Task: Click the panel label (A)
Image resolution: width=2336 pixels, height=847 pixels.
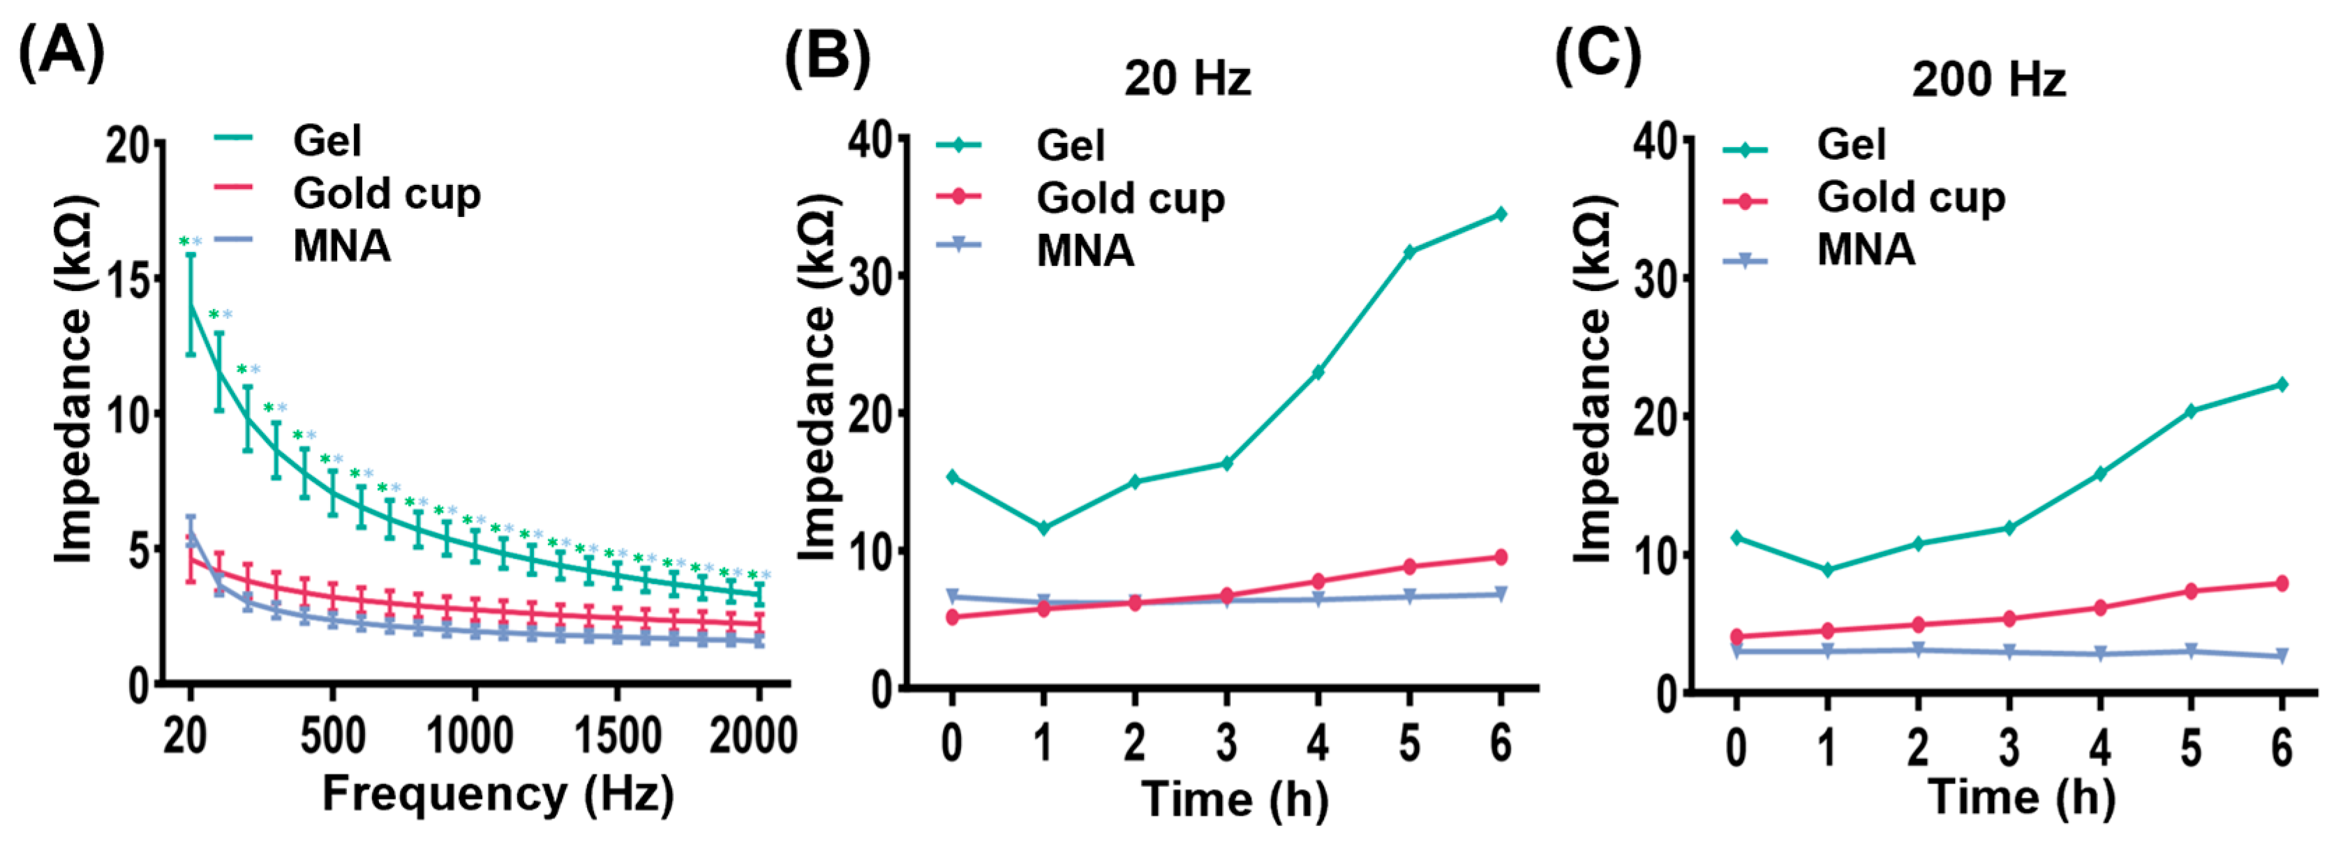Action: (61, 52)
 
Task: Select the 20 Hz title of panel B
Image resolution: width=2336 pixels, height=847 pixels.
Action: (1187, 79)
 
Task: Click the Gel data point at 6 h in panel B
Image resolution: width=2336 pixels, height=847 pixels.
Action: (1501, 214)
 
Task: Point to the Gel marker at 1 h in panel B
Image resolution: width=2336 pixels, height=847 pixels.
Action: (1043, 527)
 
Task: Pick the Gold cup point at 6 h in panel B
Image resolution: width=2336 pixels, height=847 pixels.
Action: (1501, 557)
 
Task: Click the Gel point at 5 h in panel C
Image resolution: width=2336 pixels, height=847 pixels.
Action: (2191, 411)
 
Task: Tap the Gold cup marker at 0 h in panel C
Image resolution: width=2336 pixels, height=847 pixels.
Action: (1736, 636)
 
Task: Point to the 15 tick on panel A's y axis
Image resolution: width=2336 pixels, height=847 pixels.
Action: (128, 279)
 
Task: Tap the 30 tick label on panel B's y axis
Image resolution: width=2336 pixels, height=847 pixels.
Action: (869, 276)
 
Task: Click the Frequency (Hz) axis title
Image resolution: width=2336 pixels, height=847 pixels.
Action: (498, 795)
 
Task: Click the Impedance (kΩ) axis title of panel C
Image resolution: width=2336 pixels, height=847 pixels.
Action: (1593, 381)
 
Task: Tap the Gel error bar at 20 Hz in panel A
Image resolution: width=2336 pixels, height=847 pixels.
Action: (191, 303)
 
